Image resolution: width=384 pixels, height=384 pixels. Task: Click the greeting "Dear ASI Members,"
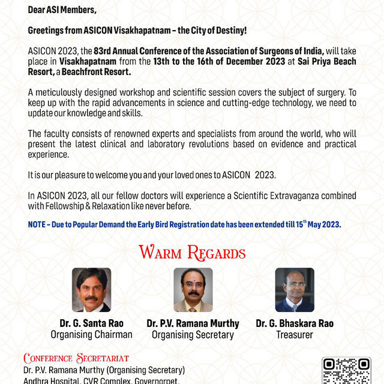coord(62,10)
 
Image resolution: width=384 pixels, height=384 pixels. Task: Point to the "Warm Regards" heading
coord(192,253)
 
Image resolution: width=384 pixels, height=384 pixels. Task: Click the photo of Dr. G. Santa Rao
coord(91,290)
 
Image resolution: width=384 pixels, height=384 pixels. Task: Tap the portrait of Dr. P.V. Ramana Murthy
coord(193,290)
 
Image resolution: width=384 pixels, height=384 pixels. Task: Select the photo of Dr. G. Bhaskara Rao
coord(295,290)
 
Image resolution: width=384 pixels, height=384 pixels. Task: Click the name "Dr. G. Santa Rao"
coord(91,323)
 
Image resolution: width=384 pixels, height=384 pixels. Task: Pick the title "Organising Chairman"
coord(91,335)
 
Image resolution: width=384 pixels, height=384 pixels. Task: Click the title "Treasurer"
coord(295,335)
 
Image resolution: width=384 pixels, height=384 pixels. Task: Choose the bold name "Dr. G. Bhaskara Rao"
coord(295,323)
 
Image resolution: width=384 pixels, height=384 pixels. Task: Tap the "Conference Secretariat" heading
coord(76,359)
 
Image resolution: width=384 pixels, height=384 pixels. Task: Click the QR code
coord(346,371)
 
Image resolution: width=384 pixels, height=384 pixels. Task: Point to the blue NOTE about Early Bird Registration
coord(185,224)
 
